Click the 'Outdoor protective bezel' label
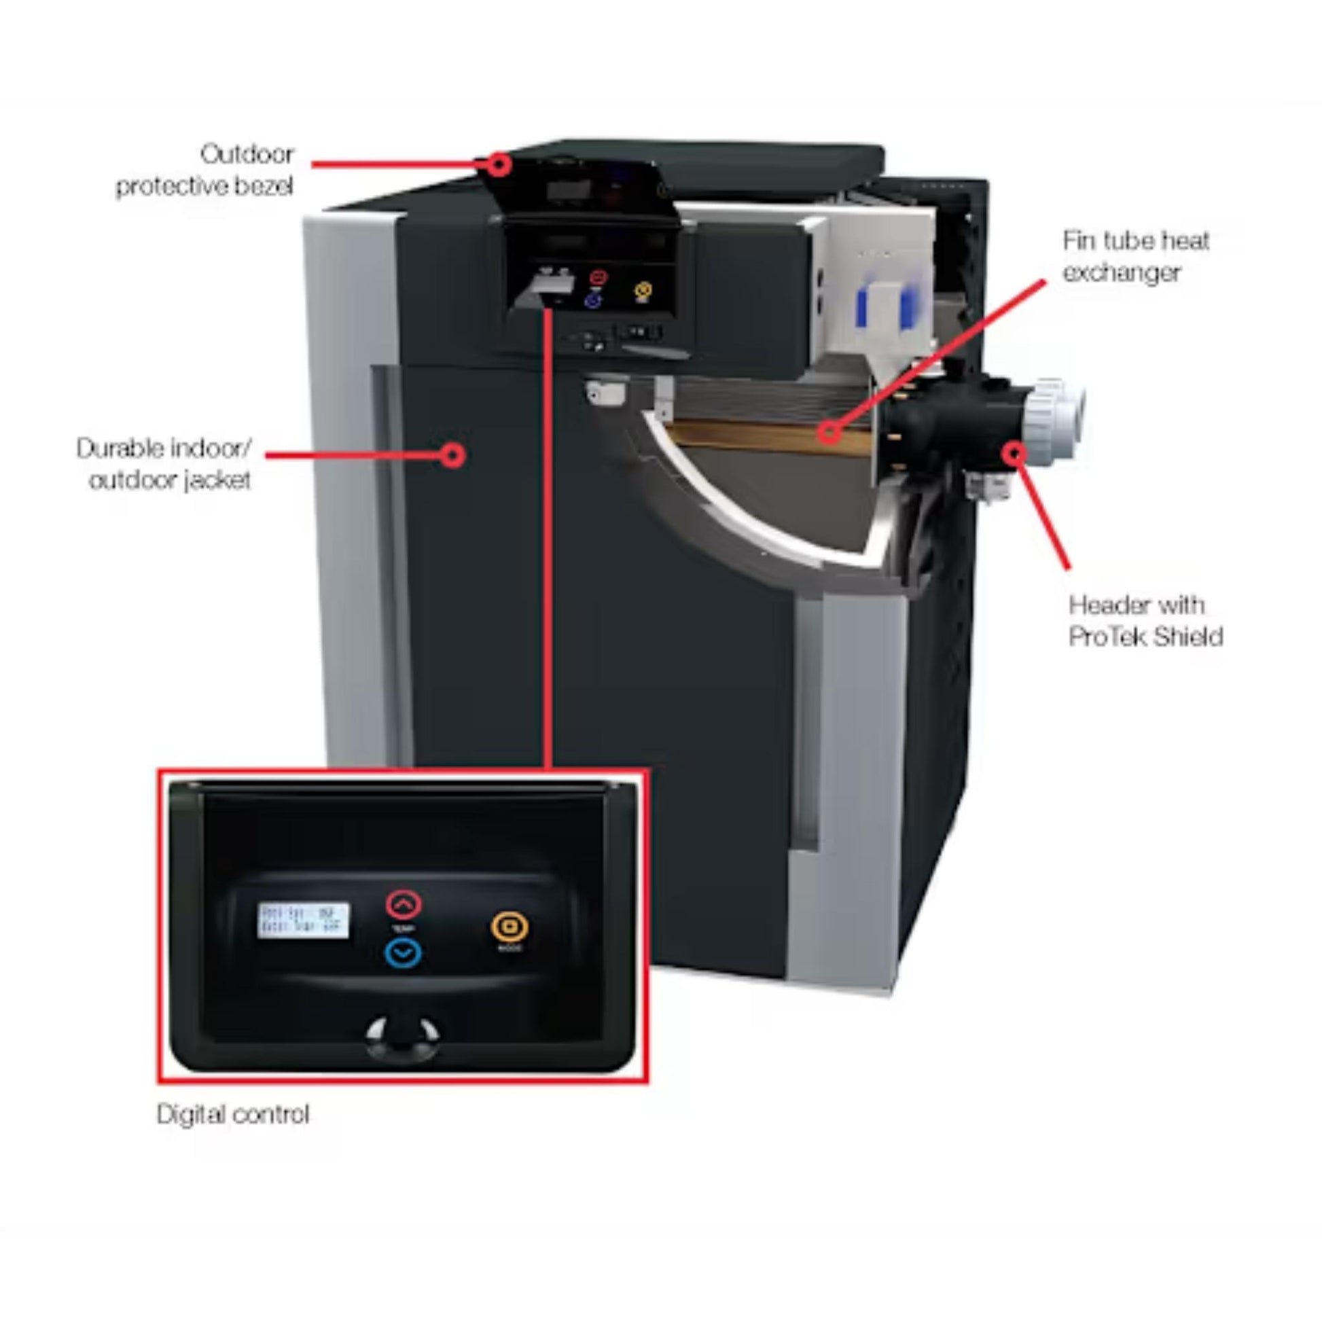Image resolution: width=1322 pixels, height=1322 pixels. tap(204, 170)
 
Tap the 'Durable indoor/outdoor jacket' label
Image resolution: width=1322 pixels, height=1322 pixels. tap(164, 464)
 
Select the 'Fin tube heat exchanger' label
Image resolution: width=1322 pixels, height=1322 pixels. tap(1136, 257)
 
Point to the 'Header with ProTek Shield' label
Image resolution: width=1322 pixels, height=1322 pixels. tap(1145, 621)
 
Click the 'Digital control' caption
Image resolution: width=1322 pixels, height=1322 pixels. tap(232, 1114)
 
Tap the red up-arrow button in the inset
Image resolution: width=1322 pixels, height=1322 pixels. tap(404, 905)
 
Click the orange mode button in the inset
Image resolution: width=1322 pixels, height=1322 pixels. tap(509, 927)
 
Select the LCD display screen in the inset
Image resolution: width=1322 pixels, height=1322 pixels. tap(303, 921)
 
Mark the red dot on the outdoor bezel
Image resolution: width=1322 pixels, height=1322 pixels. tap(500, 164)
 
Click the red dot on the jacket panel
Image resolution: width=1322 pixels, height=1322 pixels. tap(452, 455)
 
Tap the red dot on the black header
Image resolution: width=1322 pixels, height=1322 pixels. tap(1015, 452)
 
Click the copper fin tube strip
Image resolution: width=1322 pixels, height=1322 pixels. tap(753, 435)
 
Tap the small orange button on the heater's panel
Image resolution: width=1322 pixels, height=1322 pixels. tap(642, 291)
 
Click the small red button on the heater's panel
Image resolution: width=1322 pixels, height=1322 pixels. tap(599, 277)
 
